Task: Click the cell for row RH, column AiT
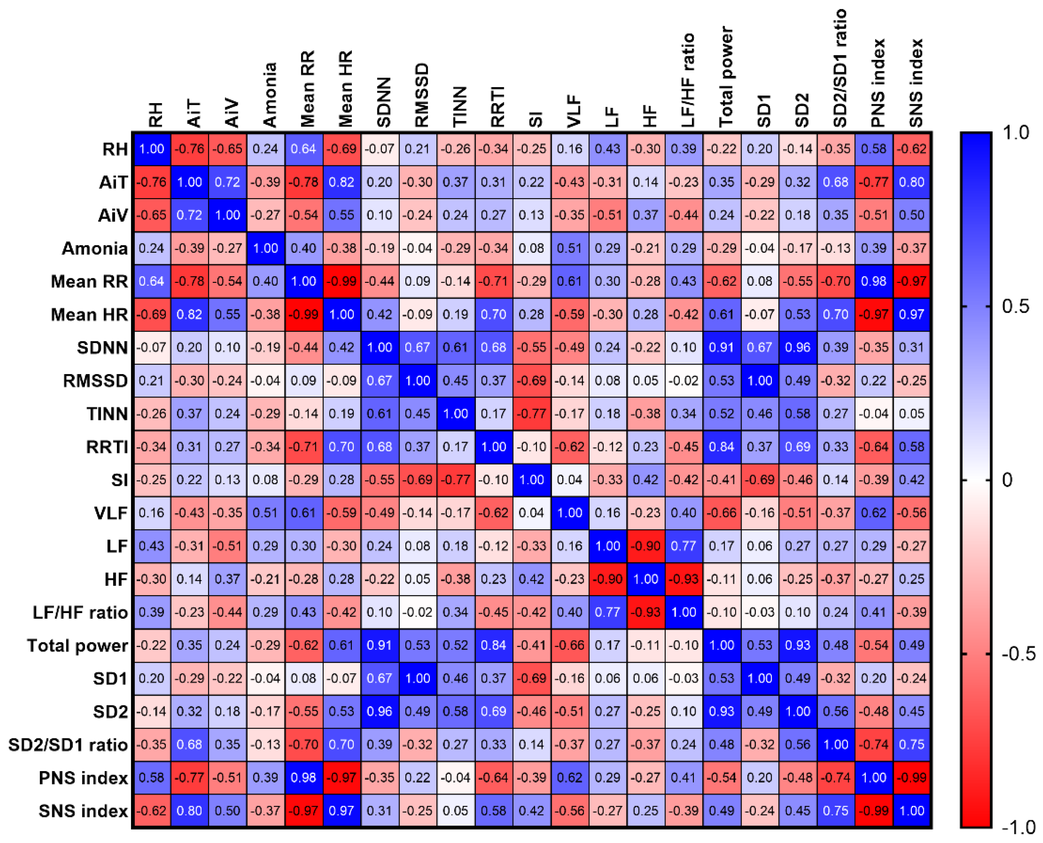pyautogui.click(x=189, y=149)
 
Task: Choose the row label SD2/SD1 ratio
pyautogui.click(x=68, y=745)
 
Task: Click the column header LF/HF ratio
pyautogui.click(x=688, y=80)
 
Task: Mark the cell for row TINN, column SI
pyautogui.click(x=532, y=414)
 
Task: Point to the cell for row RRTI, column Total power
pyautogui.click(x=722, y=447)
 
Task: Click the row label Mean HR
pyautogui.click(x=89, y=315)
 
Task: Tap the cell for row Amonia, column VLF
pyautogui.click(x=569, y=249)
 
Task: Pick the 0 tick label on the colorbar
pyautogui.click(x=1007, y=480)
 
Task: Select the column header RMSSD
pyautogui.click(x=422, y=95)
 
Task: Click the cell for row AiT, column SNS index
pyautogui.click(x=911, y=182)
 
